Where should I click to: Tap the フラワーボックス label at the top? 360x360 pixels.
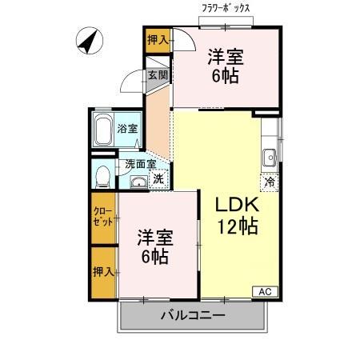(226, 8)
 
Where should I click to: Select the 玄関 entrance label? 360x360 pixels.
(158, 76)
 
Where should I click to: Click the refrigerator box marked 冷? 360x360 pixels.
(270, 181)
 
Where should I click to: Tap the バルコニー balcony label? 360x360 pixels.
(191, 315)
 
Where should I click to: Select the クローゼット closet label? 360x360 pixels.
(102, 217)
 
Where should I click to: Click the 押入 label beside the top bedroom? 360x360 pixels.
(158, 39)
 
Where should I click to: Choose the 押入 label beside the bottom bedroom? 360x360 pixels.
(102, 272)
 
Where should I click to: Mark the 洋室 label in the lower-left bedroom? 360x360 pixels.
(155, 237)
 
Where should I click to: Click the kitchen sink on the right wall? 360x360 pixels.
(271, 154)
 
